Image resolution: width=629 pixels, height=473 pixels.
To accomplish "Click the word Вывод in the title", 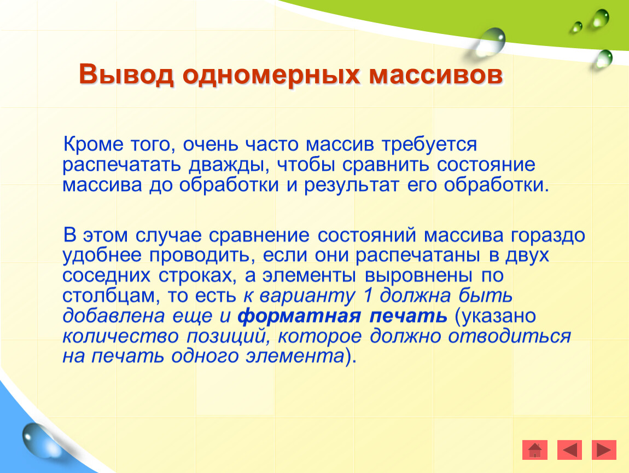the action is tap(126, 75).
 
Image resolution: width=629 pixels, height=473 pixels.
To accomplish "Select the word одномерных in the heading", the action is tap(271, 75).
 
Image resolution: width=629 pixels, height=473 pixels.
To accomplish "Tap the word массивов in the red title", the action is tap(435, 75).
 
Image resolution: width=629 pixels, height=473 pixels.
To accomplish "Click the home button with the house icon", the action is tap(535, 449).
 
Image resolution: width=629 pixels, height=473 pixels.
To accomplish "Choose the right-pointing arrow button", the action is tap(604, 449).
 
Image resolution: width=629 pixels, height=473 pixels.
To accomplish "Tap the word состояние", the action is tap(486, 165).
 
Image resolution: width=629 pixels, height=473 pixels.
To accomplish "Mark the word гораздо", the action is tap(548, 236).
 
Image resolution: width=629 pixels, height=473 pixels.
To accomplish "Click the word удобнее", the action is tap(102, 255).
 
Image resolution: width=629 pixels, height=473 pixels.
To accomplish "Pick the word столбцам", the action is tap(109, 296).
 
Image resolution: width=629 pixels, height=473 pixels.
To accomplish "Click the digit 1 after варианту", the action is tap(368, 296).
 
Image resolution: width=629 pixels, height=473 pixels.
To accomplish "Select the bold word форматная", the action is tap(299, 316).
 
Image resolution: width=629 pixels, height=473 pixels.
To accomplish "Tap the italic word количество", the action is tap(120, 336).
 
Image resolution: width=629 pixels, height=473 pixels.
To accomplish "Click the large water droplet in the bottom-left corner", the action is tap(39, 441).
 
